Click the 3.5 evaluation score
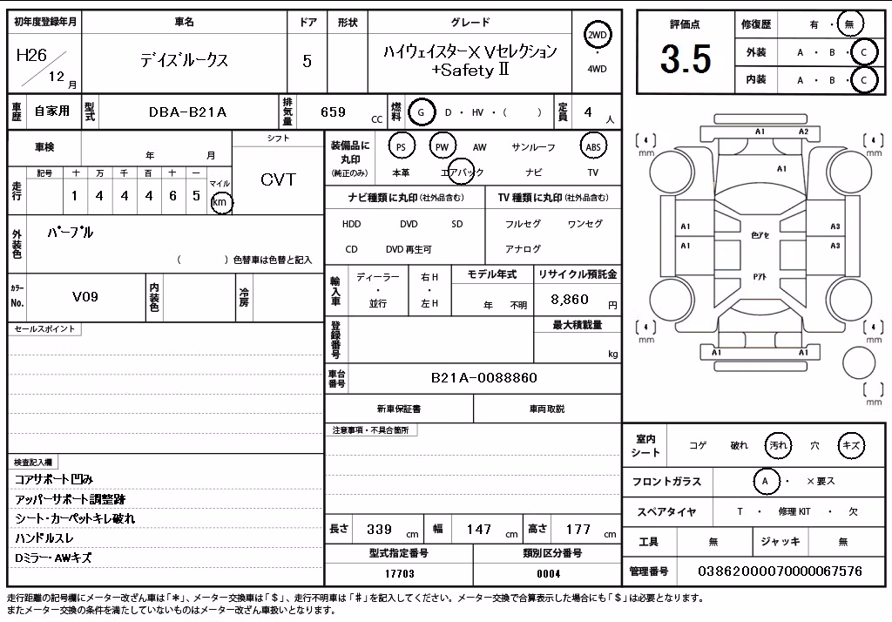[686, 59]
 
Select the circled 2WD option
[597, 36]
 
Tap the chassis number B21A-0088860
[484, 378]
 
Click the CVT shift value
[278, 179]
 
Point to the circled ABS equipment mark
[592, 147]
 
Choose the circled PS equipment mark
[401, 147]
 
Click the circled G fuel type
[421, 112]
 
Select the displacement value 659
[334, 112]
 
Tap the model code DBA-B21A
[188, 112]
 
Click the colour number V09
[85, 296]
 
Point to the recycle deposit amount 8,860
[570, 300]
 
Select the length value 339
[380, 530]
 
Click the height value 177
[578, 530]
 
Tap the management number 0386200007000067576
[780, 571]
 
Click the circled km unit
[220, 202]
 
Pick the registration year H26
[32, 55]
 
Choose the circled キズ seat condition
[851, 445]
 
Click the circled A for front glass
[765, 482]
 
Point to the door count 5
[307, 61]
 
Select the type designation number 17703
[399, 573]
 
